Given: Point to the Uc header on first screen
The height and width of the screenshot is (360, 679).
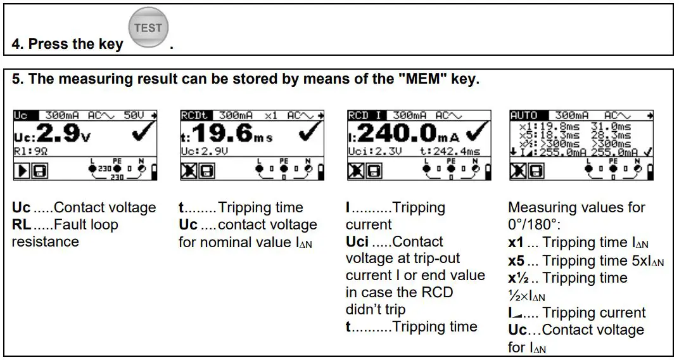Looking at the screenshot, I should click(20, 115).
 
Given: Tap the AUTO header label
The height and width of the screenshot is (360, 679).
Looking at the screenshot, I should click(523, 115).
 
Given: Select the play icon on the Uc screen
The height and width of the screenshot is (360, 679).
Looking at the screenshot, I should click(21, 170).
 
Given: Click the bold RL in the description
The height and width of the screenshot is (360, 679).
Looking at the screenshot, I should click(22, 224).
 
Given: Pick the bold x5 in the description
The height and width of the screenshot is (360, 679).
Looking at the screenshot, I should click(516, 260).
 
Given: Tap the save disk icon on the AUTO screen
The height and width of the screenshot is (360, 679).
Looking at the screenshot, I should click(536, 170).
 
